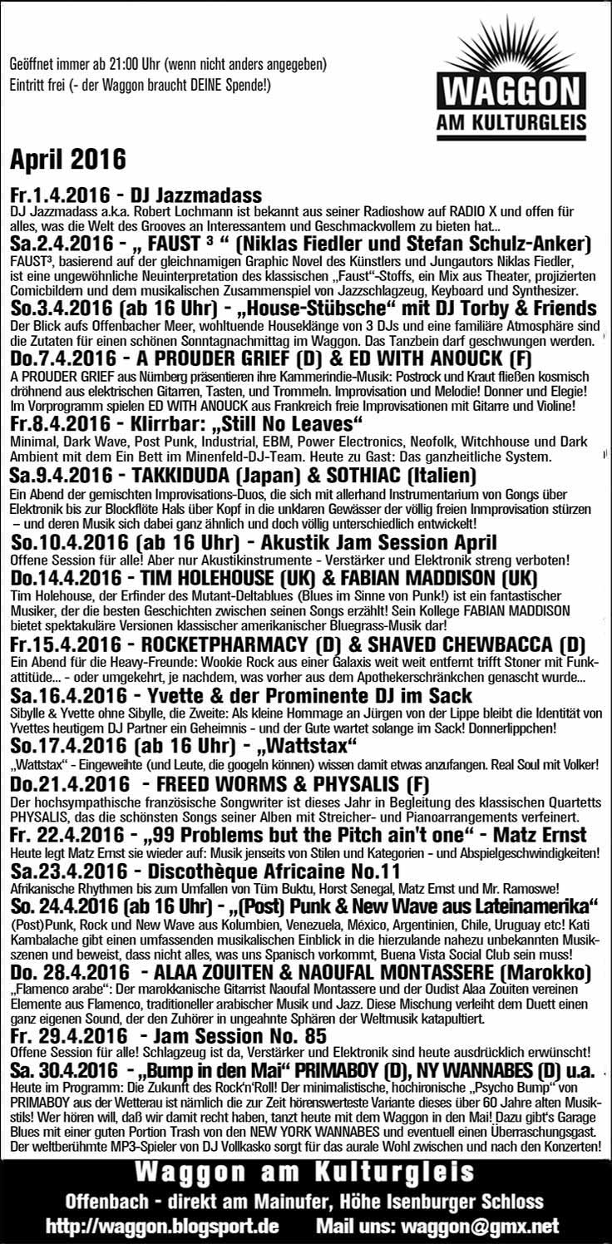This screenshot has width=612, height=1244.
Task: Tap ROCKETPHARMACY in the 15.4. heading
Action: (235, 644)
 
